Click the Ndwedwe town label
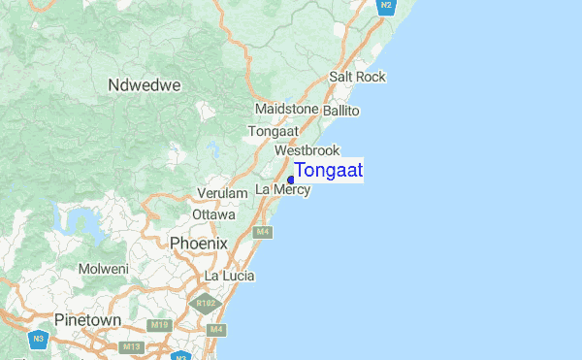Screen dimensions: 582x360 pyautogui.click(x=145, y=85)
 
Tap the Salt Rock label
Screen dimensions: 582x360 pyautogui.click(x=357, y=77)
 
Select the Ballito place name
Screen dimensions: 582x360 pyautogui.click(x=340, y=112)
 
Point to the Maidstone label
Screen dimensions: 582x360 pyautogui.click(x=286, y=110)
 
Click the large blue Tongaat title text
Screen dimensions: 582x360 pyautogui.click(x=329, y=171)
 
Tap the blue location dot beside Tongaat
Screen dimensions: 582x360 pyautogui.click(x=291, y=180)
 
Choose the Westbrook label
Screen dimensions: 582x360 pyautogui.click(x=307, y=150)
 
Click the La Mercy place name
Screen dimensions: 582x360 pyautogui.click(x=282, y=189)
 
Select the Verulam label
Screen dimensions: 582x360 pyautogui.click(x=222, y=194)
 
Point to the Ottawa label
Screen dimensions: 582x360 pyautogui.click(x=213, y=213)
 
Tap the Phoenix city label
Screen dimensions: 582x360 pyautogui.click(x=198, y=243)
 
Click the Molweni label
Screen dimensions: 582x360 pyautogui.click(x=104, y=269)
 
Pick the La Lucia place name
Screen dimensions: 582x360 pyautogui.click(x=229, y=277)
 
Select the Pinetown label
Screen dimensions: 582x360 pyautogui.click(x=88, y=319)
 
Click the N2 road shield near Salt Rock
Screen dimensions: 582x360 pyautogui.click(x=386, y=6)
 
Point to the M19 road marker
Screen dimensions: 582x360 pyautogui.click(x=160, y=324)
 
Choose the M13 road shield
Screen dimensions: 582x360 pyautogui.click(x=133, y=346)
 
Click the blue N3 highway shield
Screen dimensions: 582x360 pyautogui.click(x=38, y=339)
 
